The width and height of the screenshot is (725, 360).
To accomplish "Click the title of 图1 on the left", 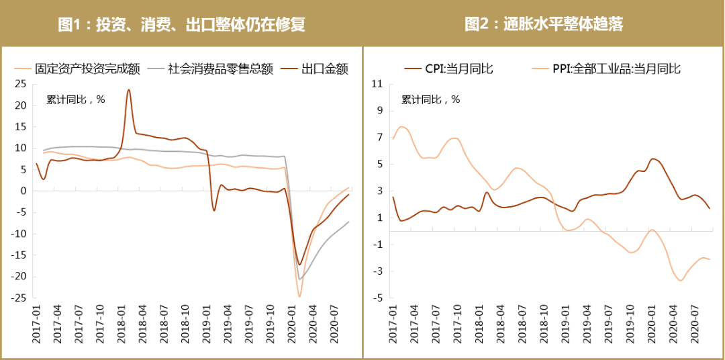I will click(x=181, y=25).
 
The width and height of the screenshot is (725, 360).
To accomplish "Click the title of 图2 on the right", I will click(x=544, y=25).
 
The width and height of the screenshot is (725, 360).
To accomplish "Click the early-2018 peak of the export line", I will click(x=128, y=90).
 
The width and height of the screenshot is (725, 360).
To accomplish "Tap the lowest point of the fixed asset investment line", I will click(x=299, y=296).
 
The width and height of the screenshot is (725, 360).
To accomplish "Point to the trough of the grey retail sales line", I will click(x=299, y=279).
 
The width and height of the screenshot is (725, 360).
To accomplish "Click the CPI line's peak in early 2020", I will click(x=653, y=159).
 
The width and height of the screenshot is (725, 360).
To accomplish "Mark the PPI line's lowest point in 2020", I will click(x=681, y=280).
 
